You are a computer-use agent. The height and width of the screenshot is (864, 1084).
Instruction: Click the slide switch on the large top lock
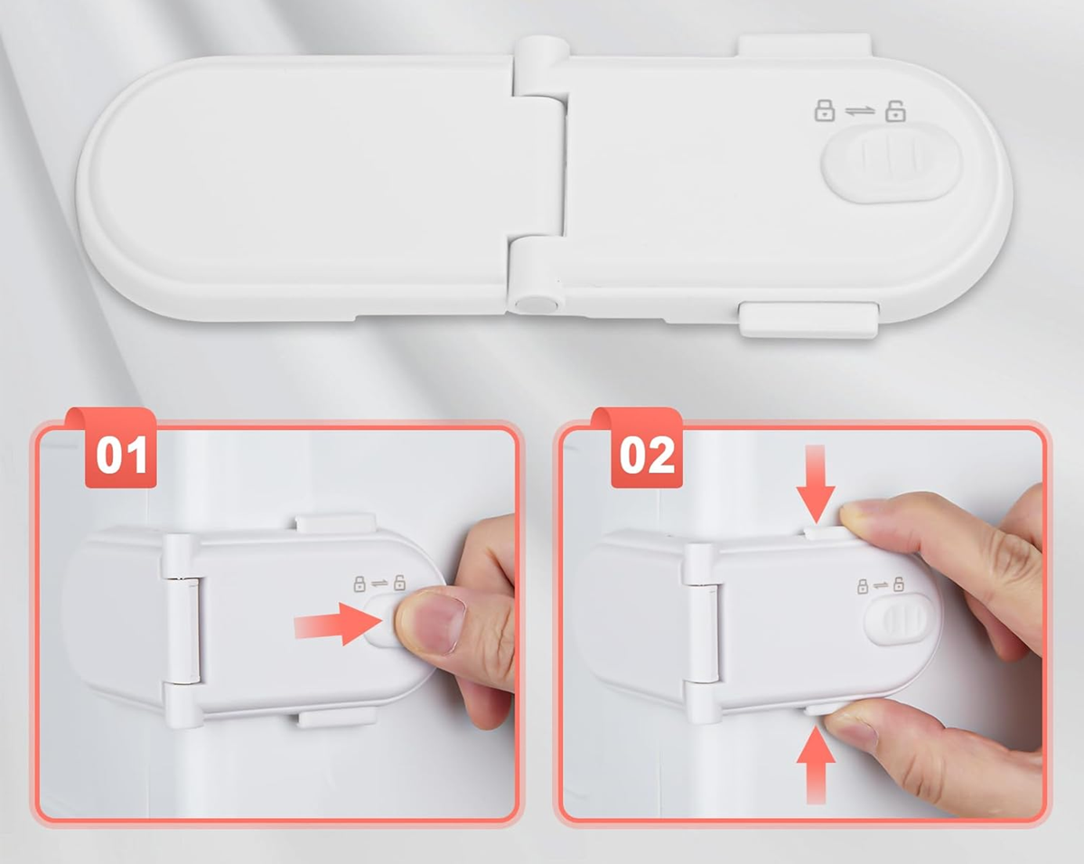[x=891, y=163]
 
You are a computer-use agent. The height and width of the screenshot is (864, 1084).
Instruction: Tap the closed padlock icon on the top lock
[x=825, y=110]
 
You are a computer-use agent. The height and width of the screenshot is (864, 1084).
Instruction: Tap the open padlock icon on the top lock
[x=895, y=111]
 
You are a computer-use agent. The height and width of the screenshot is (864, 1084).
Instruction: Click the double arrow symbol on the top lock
[x=860, y=111]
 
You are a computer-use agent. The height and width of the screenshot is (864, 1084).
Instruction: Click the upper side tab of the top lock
[x=805, y=44]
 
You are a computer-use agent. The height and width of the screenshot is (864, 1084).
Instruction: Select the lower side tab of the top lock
[x=808, y=320]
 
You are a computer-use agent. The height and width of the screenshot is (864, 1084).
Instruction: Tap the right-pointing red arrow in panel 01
[x=339, y=625]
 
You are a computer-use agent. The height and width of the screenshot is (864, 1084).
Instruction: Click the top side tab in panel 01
[x=335, y=523]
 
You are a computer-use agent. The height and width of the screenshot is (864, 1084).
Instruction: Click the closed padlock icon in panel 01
[x=360, y=584]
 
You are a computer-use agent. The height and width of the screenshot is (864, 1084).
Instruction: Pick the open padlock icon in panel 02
[x=899, y=585]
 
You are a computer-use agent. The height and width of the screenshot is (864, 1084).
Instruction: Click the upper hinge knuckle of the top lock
[x=541, y=66]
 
